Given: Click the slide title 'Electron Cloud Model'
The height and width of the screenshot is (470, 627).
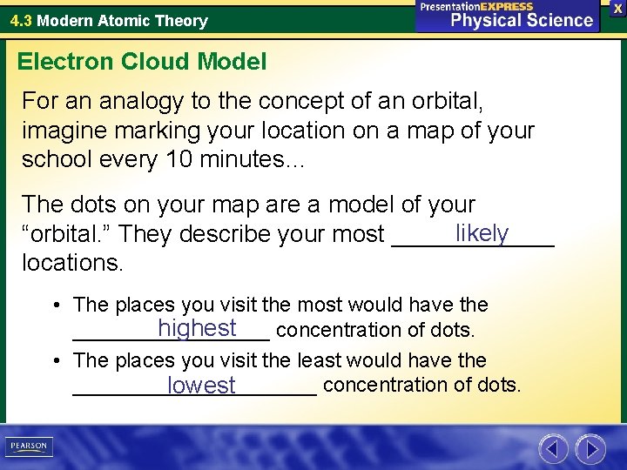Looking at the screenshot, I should pos(142,61).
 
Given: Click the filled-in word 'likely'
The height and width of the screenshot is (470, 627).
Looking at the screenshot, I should pos(482,233).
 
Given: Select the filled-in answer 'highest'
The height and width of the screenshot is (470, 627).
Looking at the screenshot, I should pos(198,328).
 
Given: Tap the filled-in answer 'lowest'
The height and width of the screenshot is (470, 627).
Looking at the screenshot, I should pos(202,385).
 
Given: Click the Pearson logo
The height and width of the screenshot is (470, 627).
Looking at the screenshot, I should pos(28,446).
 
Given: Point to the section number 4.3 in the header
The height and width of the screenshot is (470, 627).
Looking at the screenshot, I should pos(21,20).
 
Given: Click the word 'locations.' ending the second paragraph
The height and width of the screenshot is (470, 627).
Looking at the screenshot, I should pos(73,261).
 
